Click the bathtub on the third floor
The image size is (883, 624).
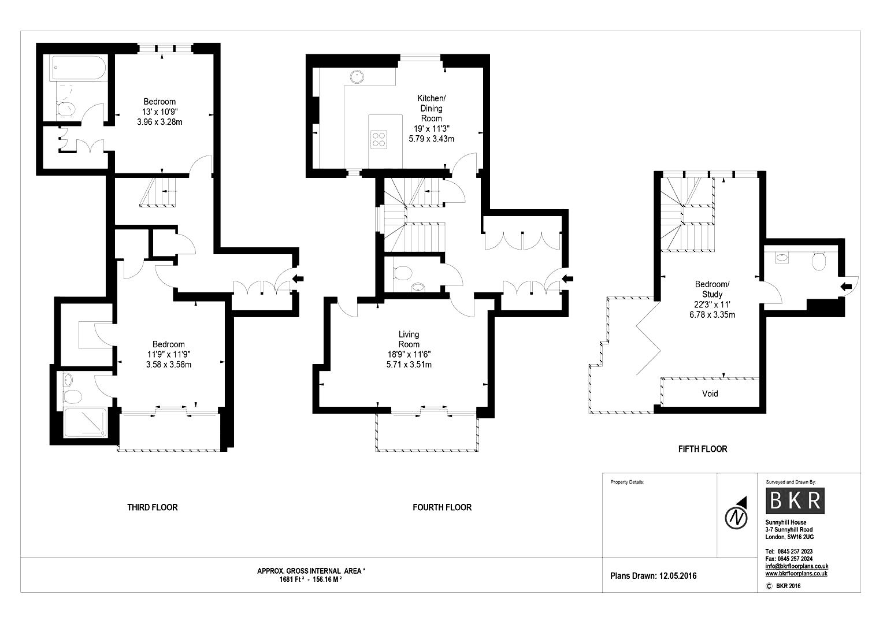point(77,68)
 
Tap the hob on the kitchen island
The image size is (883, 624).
point(379,139)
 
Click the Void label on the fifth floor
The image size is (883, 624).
point(710,393)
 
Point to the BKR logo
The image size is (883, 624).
point(795,500)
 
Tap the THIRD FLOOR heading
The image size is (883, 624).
point(153,507)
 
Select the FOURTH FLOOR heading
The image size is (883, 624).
point(442,507)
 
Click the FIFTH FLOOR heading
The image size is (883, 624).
point(702,448)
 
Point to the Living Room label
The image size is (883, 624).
point(409,339)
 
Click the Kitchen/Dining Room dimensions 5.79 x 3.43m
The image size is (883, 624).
point(431,139)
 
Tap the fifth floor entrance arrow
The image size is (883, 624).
point(845,286)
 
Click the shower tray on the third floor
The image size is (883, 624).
point(85,423)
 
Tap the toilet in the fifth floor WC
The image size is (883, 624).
point(818,262)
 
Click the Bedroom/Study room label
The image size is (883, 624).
point(712,289)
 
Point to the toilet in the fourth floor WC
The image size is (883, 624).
point(401,272)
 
